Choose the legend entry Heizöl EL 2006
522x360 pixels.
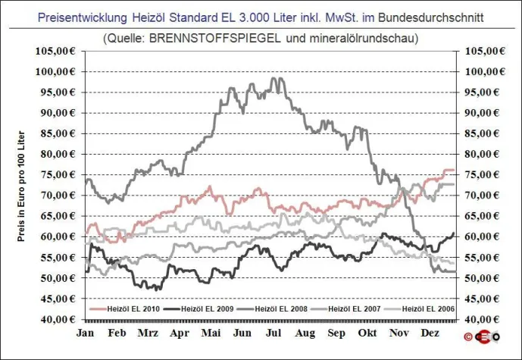[427, 309]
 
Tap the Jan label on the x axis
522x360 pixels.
[86, 333]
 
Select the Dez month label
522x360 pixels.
[430, 333]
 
